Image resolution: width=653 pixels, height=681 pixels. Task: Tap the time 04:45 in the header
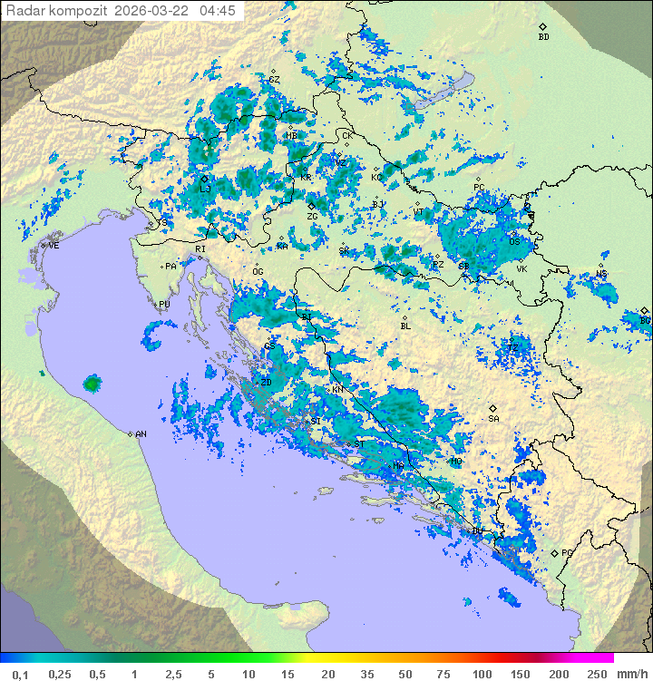click(218, 11)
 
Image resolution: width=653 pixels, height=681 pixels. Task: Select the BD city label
click(543, 37)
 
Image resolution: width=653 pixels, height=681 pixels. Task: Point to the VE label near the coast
click(54, 246)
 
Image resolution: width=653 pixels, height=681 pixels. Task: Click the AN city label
click(141, 434)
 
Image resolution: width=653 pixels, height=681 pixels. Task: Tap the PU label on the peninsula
click(164, 305)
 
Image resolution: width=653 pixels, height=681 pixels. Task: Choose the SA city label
click(493, 419)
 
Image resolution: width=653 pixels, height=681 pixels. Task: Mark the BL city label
click(405, 326)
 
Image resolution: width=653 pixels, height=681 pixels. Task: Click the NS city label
click(601, 274)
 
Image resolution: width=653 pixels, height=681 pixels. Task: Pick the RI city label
click(200, 248)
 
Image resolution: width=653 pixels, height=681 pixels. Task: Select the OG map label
click(258, 271)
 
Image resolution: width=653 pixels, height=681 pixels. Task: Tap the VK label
click(521, 269)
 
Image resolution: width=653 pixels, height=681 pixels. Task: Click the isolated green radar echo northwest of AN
click(92, 384)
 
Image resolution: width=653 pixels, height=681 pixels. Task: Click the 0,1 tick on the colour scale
click(20, 674)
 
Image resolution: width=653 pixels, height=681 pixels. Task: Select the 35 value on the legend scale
click(367, 674)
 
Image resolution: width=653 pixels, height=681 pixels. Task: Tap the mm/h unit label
click(630, 674)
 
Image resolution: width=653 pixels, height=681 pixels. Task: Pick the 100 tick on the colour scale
click(482, 674)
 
